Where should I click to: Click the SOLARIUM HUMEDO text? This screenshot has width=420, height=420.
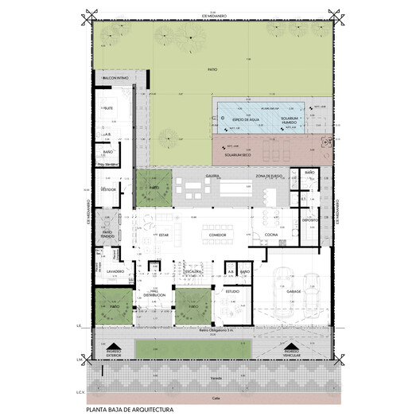[290, 119]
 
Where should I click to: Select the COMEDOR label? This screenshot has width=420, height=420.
[218, 236]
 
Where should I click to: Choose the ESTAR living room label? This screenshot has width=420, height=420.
[163, 235]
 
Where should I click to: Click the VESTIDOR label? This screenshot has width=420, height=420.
[108, 190]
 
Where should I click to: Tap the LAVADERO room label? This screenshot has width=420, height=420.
[109, 272]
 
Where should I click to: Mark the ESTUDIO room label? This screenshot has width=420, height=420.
[232, 292]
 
